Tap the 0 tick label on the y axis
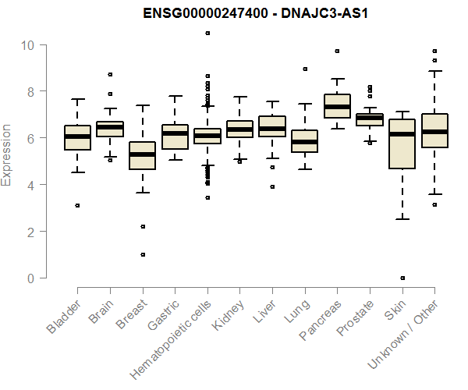point(32,278)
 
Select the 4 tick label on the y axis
point(32,185)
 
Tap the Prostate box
point(369,119)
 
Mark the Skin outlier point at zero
point(402,278)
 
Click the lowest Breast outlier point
point(142,254)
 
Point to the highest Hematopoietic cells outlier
point(207,33)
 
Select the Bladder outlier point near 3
point(77,205)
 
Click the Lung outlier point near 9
point(304,69)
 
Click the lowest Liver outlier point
point(271,186)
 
